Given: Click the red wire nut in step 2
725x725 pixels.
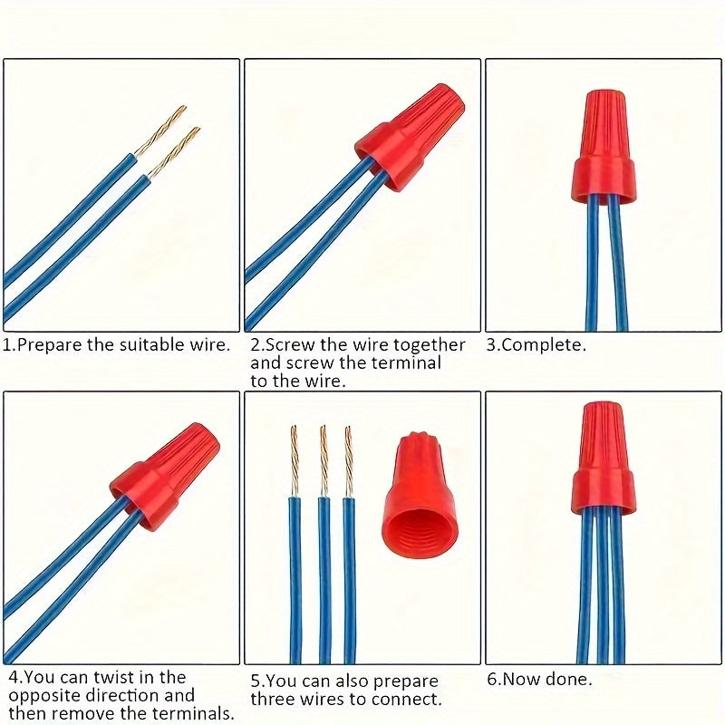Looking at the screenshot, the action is pos(410,137).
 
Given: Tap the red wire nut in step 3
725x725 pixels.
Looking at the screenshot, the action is pos(604,148).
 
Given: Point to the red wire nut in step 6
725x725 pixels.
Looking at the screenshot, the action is pos(604,459).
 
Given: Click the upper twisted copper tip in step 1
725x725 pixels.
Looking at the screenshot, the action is pos(160,130).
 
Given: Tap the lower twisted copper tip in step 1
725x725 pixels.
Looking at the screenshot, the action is pos(173,153).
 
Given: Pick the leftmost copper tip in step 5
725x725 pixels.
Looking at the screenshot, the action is pos(295,461).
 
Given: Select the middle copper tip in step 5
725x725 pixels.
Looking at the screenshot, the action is pos(324,461).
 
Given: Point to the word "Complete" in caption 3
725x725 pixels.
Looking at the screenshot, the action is pos(540,345).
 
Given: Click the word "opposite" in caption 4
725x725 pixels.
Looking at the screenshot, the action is pos(44,696).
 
